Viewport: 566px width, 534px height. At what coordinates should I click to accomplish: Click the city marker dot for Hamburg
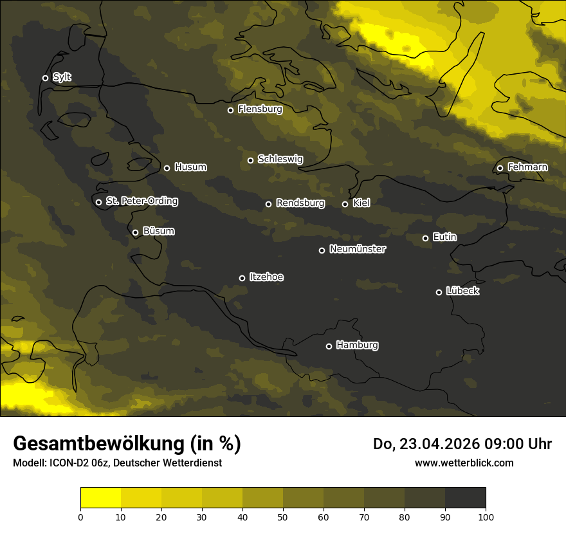(x=329, y=346)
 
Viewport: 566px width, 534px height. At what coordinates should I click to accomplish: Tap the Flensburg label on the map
(x=260, y=109)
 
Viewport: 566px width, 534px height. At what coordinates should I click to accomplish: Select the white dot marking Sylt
(x=45, y=78)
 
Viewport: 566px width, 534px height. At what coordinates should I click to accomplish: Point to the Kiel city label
(x=361, y=203)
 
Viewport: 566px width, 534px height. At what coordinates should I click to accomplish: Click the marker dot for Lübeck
(x=439, y=292)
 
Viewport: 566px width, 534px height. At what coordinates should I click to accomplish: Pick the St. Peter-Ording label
(x=141, y=201)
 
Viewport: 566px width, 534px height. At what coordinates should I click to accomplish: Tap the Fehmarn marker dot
(x=500, y=169)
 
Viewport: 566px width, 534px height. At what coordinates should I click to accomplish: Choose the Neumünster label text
(x=358, y=249)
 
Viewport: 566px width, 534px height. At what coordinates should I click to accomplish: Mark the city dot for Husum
(x=167, y=168)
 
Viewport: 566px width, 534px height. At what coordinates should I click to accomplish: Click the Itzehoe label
(x=266, y=277)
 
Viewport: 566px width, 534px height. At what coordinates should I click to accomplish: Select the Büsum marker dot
(x=135, y=233)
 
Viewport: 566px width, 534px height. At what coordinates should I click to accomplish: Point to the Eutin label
(x=444, y=237)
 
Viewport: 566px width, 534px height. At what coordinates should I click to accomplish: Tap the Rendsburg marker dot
(x=268, y=204)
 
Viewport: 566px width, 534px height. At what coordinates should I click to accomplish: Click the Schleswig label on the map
(x=280, y=159)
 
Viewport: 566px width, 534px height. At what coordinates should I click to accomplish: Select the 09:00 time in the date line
(x=498, y=444)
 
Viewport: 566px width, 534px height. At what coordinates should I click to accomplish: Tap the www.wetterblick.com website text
(x=464, y=463)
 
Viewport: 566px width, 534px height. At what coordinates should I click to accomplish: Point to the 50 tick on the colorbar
(x=283, y=516)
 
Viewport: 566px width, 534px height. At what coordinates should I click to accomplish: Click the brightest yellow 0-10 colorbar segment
(x=101, y=497)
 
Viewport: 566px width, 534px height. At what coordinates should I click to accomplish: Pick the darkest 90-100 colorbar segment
(x=465, y=497)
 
